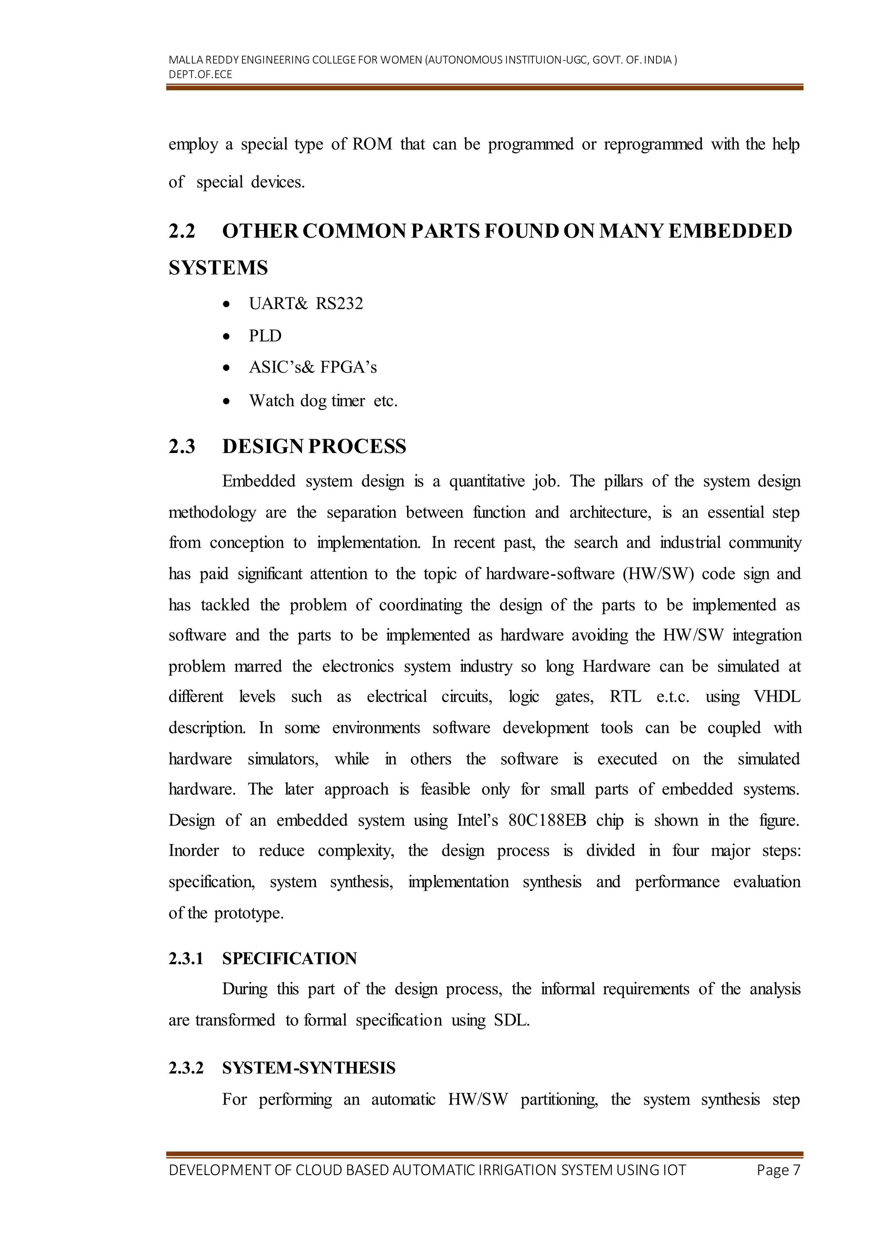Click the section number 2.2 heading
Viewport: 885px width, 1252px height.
tap(181, 231)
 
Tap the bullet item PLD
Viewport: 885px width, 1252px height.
tap(265, 336)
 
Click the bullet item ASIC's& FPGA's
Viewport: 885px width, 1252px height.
tap(312, 367)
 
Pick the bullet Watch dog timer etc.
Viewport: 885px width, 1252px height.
tap(323, 401)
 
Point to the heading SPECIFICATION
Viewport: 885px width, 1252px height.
tap(290, 958)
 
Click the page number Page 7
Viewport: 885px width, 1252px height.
tap(778, 1170)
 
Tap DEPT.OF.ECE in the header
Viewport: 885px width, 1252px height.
tap(200, 75)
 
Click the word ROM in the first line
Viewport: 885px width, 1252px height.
tap(372, 144)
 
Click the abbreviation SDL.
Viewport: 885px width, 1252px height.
tap(511, 1020)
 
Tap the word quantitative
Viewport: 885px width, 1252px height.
tap(487, 482)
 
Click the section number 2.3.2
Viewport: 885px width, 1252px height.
tap(186, 1068)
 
